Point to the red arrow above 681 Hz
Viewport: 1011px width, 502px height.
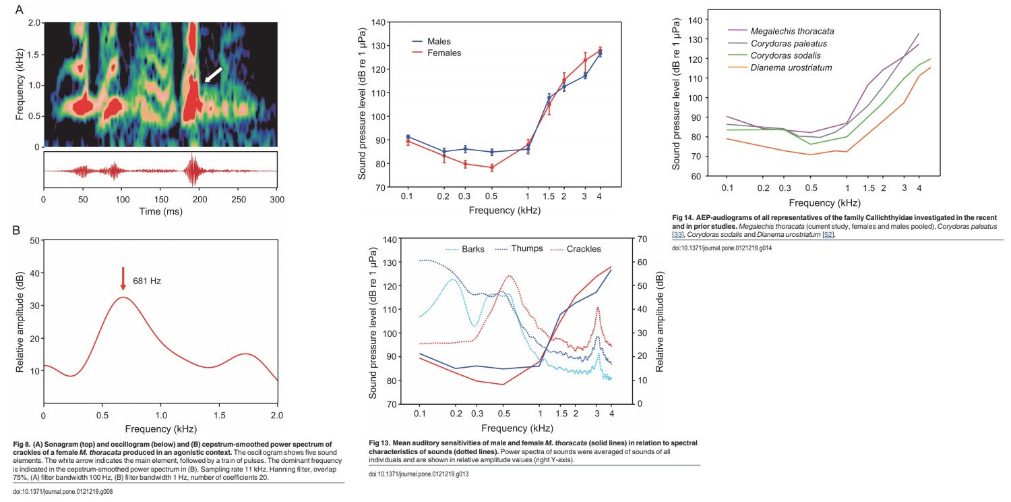tap(123, 279)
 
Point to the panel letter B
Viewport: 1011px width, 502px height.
tap(18, 229)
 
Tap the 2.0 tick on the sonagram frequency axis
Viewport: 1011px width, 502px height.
tap(34, 23)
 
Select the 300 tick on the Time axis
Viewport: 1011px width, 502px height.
tap(277, 200)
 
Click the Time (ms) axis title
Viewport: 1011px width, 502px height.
tap(160, 212)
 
